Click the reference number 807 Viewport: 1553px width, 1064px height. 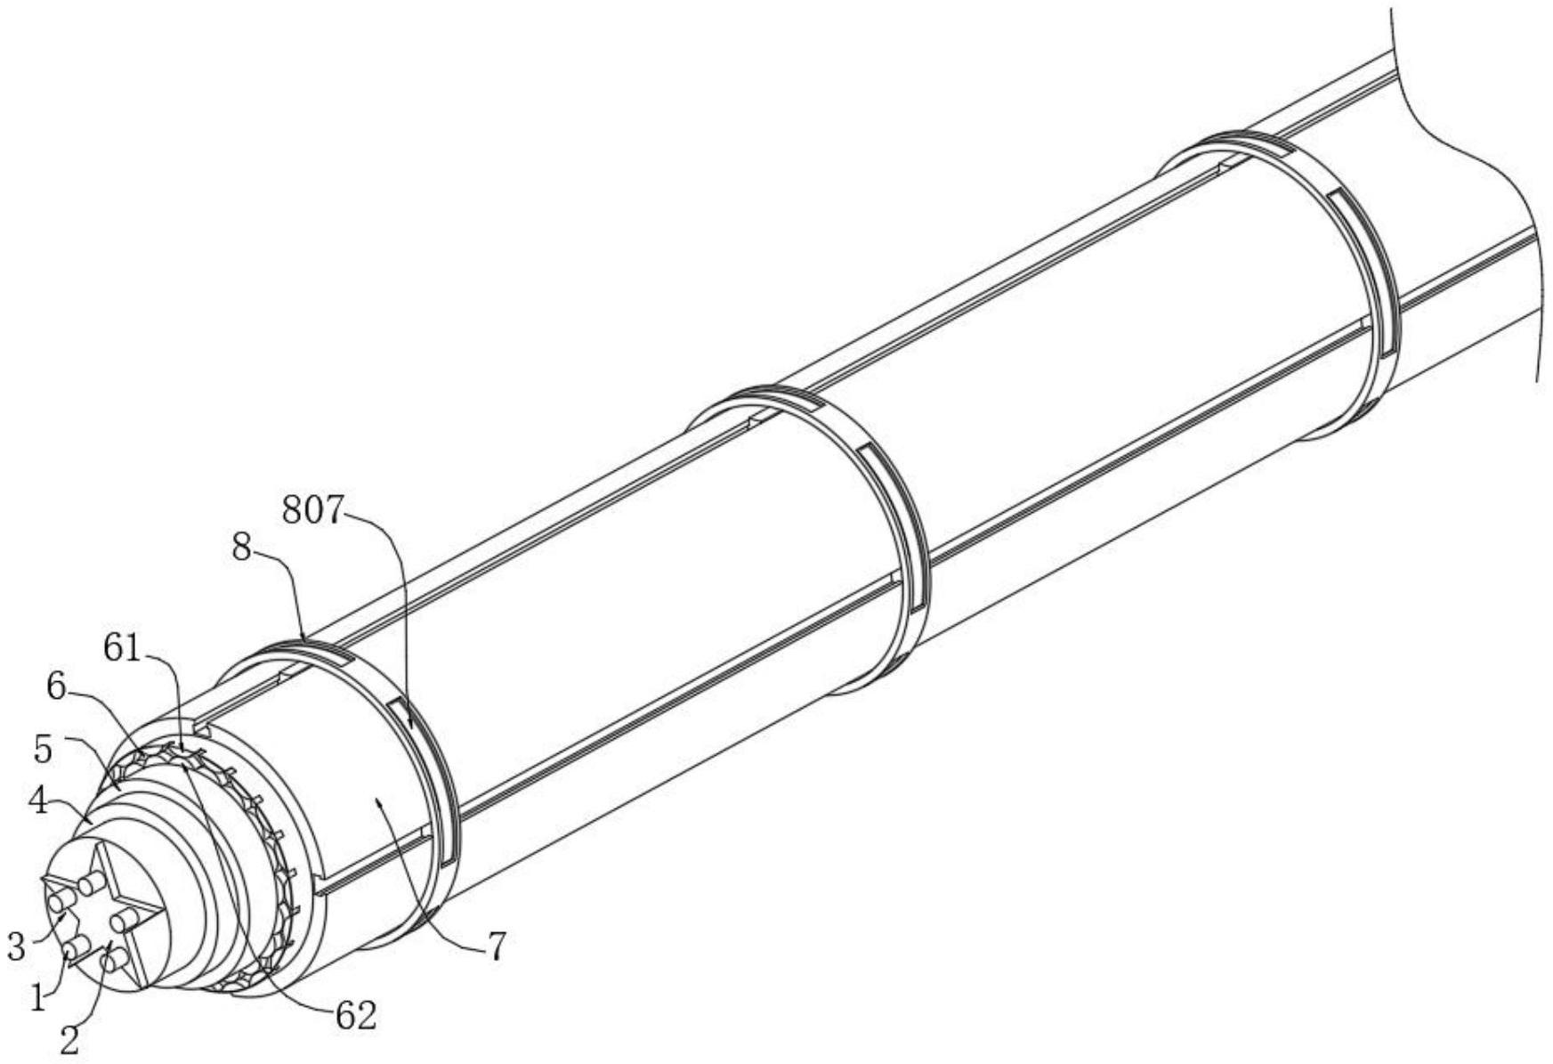(x=311, y=510)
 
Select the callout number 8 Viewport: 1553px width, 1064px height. (x=241, y=548)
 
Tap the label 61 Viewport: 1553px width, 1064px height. (x=123, y=648)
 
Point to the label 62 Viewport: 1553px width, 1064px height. (x=355, y=1015)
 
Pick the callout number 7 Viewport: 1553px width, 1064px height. (x=497, y=946)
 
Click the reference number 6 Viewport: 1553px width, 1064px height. (x=57, y=686)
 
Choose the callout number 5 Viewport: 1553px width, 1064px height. (x=44, y=750)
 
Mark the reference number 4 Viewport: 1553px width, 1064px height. (x=37, y=801)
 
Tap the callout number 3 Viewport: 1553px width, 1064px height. (x=16, y=946)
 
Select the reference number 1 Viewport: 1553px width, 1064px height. (x=37, y=998)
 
